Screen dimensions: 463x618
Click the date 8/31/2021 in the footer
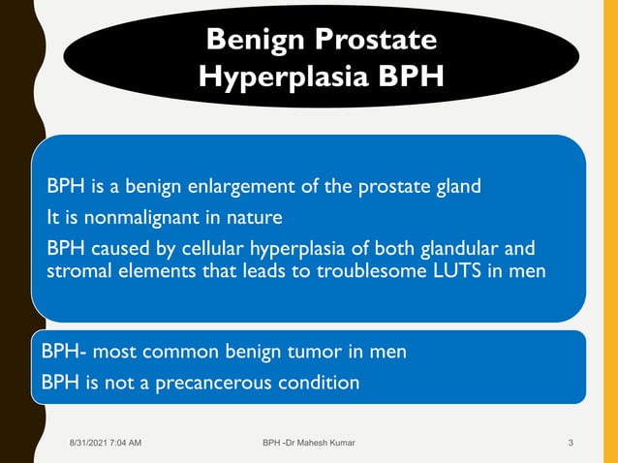(90, 443)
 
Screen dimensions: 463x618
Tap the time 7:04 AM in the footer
(128, 443)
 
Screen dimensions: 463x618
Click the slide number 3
(572, 443)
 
